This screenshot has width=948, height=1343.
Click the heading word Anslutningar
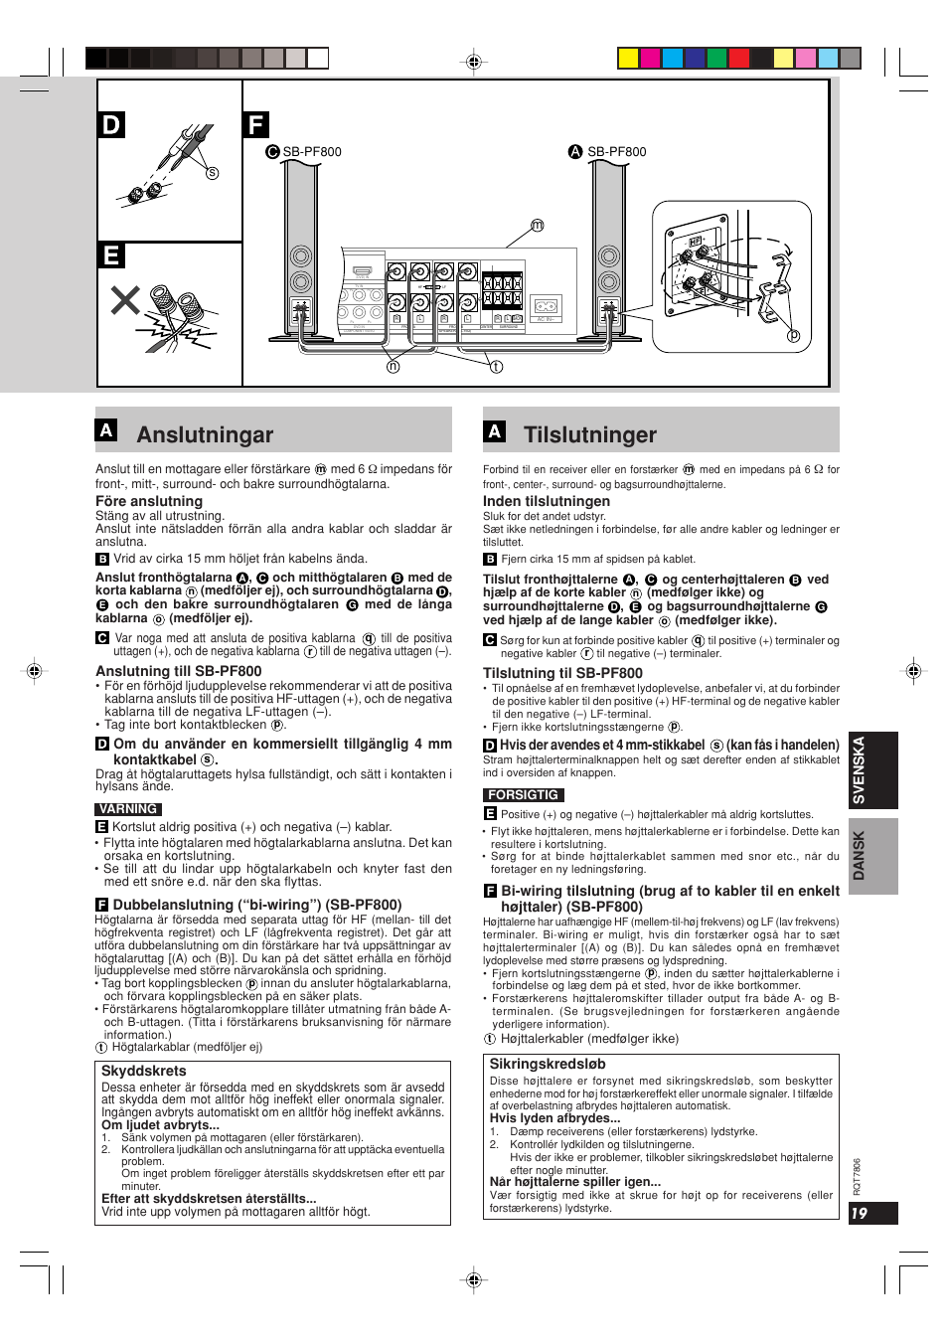pos(205,434)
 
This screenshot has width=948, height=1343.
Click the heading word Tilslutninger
pos(590,434)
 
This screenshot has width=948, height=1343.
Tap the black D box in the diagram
pos(111,125)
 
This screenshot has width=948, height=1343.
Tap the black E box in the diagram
pos(111,255)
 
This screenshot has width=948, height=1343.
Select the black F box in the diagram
pos(256,125)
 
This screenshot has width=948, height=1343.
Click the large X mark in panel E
pos(125,300)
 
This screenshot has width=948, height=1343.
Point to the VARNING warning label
pos(128,809)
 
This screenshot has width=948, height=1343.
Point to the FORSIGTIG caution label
pos(524,795)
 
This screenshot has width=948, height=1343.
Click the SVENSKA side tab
pos(860,770)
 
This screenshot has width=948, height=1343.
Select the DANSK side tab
pos(860,855)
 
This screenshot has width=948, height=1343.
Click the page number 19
pos(861,1213)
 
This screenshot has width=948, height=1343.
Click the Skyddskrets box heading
pos(144,1071)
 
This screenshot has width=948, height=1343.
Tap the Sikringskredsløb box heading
pos(548,1064)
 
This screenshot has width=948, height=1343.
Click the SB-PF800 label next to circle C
pos(312,152)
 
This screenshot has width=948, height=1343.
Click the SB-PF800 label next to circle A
pos(617,152)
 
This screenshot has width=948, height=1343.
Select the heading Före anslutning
pos(149,501)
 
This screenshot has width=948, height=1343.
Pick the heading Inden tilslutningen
pos(547,501)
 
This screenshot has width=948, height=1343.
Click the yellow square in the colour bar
pos(628,58)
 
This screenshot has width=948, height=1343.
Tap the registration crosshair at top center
pos(474,62)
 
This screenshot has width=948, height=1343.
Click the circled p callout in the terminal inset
pos(793,336)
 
